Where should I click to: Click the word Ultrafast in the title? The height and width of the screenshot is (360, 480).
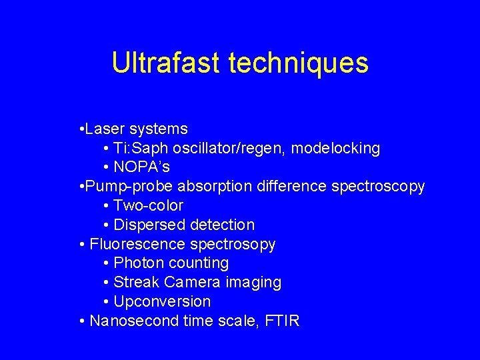[x=166, y=62]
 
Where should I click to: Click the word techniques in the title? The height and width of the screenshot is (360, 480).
[x=299, y=64]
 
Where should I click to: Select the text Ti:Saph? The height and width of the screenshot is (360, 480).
[x=141, y=149]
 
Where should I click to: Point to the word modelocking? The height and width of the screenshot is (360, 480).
[x=335, y=149]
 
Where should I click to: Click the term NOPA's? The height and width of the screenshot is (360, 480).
[x=141, y=167]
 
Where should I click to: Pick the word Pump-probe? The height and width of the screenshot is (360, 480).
[x=129, y=187]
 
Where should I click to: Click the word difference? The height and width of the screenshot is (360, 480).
[x=291, y=186]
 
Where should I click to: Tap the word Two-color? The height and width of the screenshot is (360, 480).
[x=148, y=205]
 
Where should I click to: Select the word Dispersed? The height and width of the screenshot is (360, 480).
[x=149, y=225]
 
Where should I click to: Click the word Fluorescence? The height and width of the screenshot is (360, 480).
[x=137, y=244]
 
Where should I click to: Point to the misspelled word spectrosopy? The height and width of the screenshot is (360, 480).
[x=233, y=245]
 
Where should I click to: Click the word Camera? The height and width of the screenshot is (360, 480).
[x=192, y=282]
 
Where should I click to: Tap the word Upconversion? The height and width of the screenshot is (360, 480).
[x=162, y=302]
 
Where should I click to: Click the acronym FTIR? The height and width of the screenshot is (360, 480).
[x=282, y=321]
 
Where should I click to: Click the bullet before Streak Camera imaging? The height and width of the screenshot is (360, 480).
[x=106, y=283]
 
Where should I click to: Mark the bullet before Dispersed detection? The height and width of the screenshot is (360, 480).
[x=106, y=225]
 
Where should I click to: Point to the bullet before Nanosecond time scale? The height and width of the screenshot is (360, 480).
[x=82, y=321]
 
